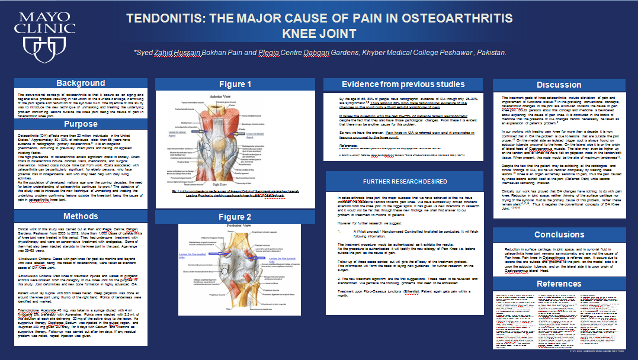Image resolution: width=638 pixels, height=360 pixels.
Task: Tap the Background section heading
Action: pyautogui.click(x=81, y=83)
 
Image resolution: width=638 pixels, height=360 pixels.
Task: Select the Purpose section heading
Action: pyautogui.click(x=81, y=124)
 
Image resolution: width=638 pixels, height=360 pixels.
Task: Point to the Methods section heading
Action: pyautogui.click(x=81, y=216)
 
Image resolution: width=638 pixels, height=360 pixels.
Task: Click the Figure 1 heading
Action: pyautogui.click(x=235, y=84)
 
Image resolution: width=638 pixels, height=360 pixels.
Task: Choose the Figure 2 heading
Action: pyautogui.click(x=235, y=217)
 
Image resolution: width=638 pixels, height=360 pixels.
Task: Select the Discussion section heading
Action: pyautogui.click(x=559, y=85)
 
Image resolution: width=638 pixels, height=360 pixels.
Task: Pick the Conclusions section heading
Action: pyautogui.click(x=559, y=234)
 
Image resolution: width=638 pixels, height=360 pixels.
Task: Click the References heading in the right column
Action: pyautogui.click(x=559, y=284)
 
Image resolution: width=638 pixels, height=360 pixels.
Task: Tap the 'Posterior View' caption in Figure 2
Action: pyautogui.click(x=235, y=227)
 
